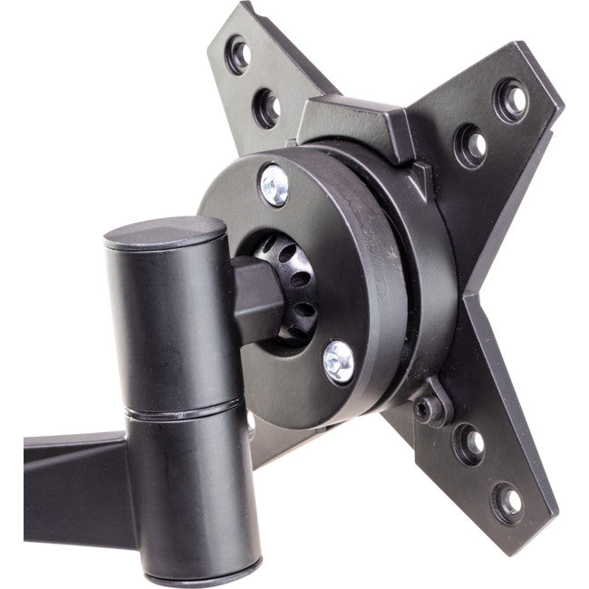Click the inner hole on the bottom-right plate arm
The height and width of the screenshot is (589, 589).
(x=469, y=443)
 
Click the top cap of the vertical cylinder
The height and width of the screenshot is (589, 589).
(x=164, y=233)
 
